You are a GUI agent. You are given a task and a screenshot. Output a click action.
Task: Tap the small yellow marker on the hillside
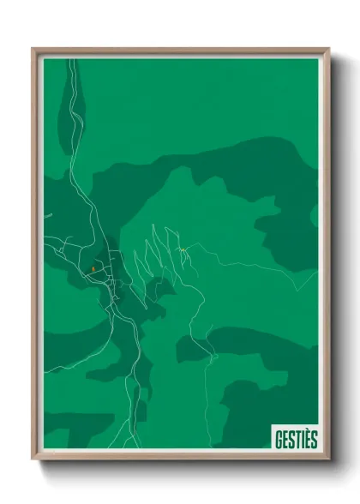(182, 249)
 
